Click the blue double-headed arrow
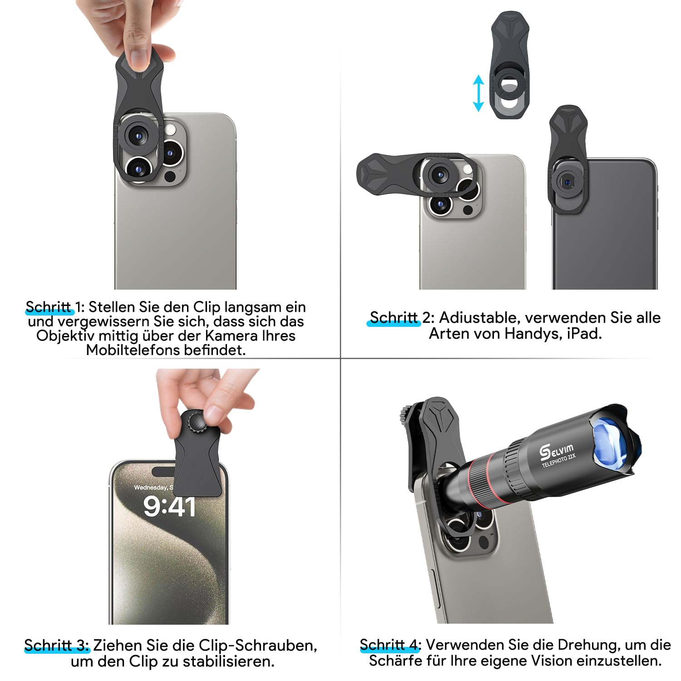click(478, 93)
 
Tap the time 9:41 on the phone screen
click(169, 507)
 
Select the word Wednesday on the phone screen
click(151, 488)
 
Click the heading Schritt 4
click(390, 645)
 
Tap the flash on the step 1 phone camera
click(171, 130)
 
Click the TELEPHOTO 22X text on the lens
click(559, 460)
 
